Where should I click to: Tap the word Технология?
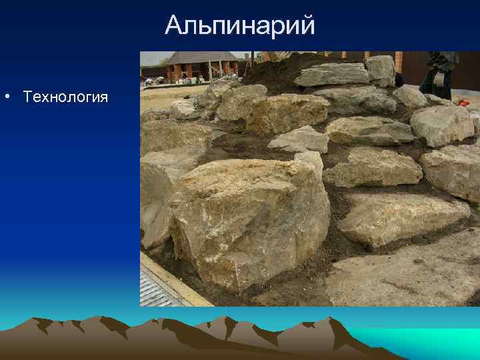pyautogui.click(x=65, y=97)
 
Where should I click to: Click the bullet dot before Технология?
pyautogui.click(x=6, y=97)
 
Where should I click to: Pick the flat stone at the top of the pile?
pyautogui.click(x=331, y=75)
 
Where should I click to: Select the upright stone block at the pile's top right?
pyautogui.click(x=381, y=69)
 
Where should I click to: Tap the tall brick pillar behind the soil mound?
pyautogui.click(x=399, y=61)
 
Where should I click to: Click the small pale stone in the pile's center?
pyautogui.click(x=300, y=139)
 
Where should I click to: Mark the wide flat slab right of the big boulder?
pyautogui.click(x=400, y=217)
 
